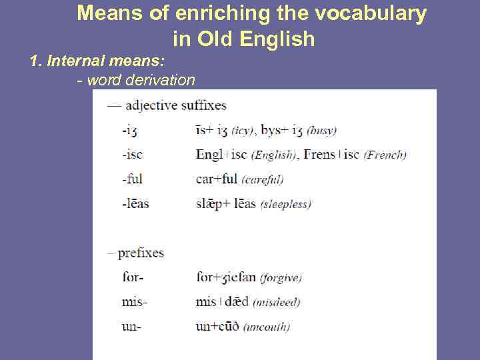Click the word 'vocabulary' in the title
(x=372, y=13)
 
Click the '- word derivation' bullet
(x=136, y=81)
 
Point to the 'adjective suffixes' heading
(x=176, y=105)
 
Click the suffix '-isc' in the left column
(x=132, y=155)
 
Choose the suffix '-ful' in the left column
(x=132, y=179)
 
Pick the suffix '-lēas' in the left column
(x=135, y=203)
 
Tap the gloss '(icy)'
(x=243, y=131)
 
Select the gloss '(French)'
(x=385, y=155)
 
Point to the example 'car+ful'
(x=217, y=179)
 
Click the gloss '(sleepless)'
(x=285, y=204)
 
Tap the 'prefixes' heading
(x=141, y=253)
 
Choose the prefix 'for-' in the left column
(x=133, y=277)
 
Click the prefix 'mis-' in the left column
(x=135, y=302)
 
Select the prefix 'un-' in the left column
(x=132, y=327)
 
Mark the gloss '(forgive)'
(x=281, y=278)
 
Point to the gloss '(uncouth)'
(x=266, y=327)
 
